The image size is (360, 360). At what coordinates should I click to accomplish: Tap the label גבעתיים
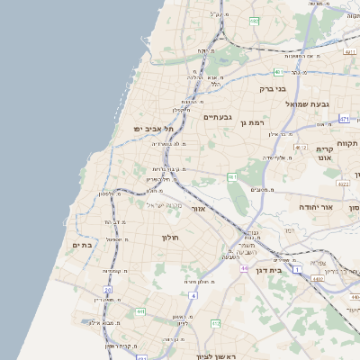(218, 117)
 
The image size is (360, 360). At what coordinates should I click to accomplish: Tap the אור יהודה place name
(316, 207)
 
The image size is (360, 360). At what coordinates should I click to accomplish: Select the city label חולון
(171, 238)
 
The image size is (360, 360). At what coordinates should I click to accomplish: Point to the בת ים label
(83, 244)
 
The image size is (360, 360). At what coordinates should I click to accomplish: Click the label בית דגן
(289, 268)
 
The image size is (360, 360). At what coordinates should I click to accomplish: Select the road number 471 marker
(344, 119)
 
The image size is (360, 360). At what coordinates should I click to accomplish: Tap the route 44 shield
(244, 268)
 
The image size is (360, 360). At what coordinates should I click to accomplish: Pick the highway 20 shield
(107, 290)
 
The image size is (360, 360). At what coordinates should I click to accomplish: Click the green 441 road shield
(140, 311)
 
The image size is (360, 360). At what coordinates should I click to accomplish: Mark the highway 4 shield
(192, 294)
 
